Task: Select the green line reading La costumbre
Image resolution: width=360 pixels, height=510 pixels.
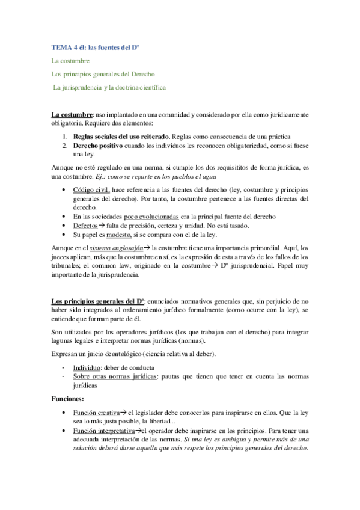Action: (70, 61)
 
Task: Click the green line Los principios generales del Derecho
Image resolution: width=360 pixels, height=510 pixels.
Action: (103, 74)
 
